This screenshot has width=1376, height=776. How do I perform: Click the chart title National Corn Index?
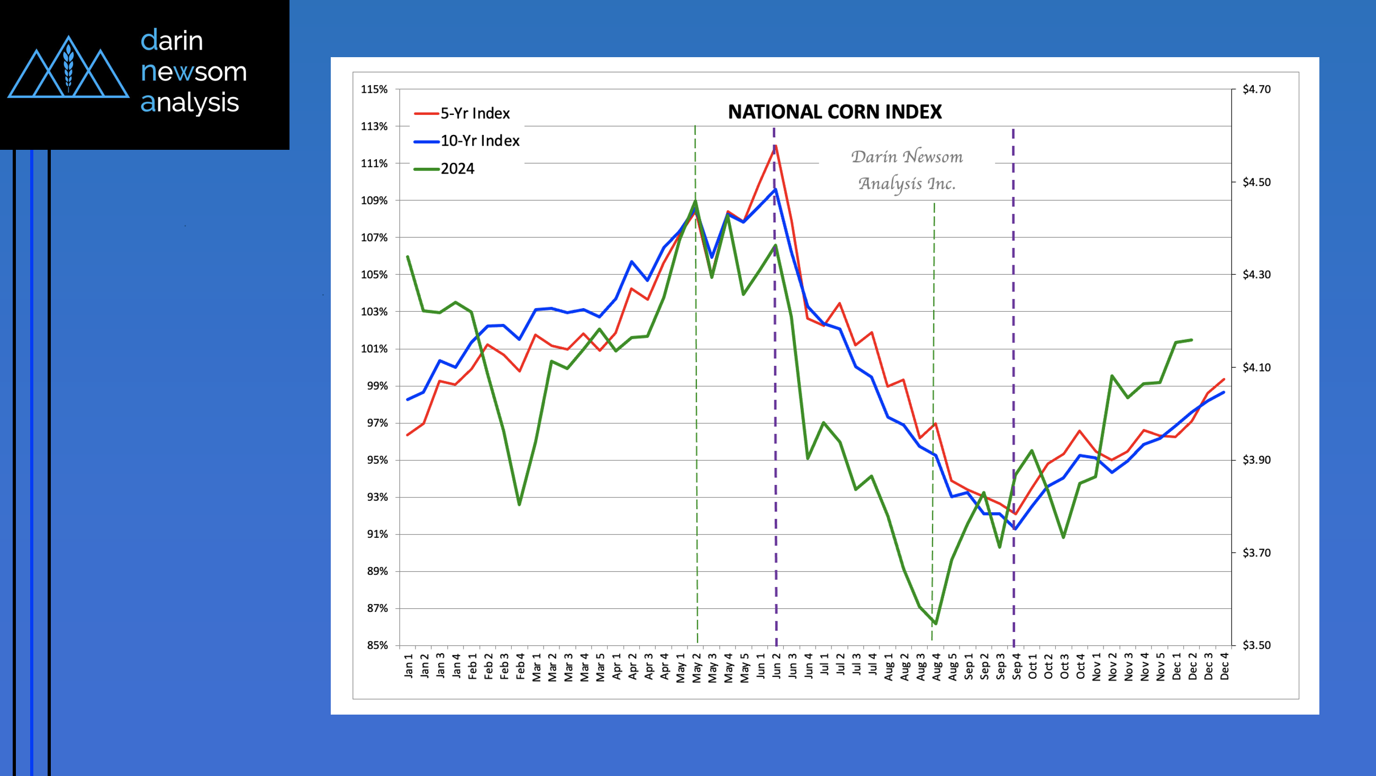[x=835, y=112]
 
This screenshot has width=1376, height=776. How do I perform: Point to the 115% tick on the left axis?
[x=374, y=89]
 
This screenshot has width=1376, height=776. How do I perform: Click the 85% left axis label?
[x=377, y=645]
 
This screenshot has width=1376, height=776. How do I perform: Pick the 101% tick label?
[x=374, y=348]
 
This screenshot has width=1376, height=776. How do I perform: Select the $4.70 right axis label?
[x=1256, y=89]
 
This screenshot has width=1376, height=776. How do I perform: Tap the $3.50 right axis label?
[x=1256, y=645]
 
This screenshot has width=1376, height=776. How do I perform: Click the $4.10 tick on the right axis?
[x=1256, y=367]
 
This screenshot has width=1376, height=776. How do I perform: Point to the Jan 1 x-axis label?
[x=409, y=666]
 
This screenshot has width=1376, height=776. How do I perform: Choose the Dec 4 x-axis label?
[x=1224, y=666]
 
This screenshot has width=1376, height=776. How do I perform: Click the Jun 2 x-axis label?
[x=777, y=666]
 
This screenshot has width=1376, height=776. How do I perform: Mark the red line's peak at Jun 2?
[x=775, y=146]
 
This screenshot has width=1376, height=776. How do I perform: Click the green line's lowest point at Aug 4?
[x=936, y=623]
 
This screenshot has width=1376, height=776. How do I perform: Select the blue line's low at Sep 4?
[x=1015, y=529]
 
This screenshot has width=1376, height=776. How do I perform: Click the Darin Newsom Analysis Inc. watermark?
[x=907, y=170]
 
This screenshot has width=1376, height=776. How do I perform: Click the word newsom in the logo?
[x=193, y=71]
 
